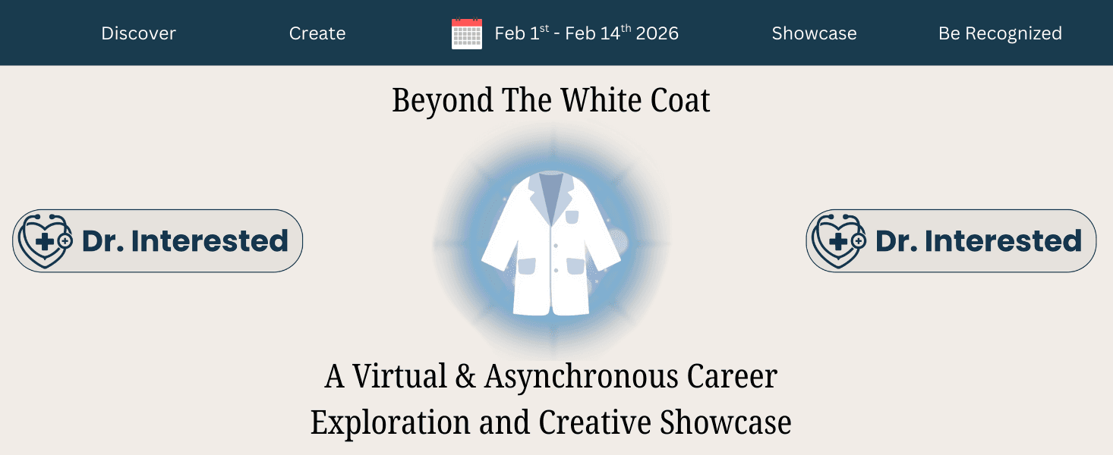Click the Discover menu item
click(138, 33)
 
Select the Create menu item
click(317, 33)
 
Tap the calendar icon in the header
click(467, 34)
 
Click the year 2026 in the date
click(657, 33)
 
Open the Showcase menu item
click(814, 33)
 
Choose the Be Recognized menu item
click(1000, 33)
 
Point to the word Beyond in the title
click(443, 101)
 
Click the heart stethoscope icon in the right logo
click(838, 240)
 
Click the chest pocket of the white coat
click(572, 218)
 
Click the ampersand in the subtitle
click(465, 377)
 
